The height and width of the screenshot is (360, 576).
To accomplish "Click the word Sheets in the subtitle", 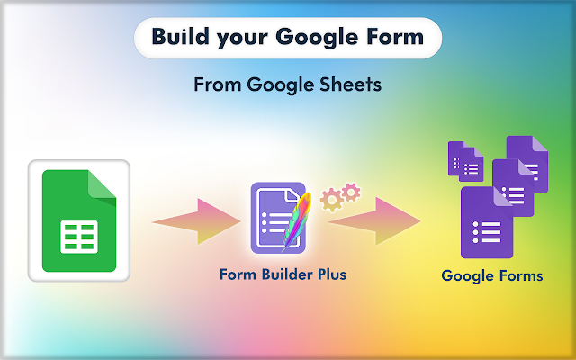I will [x=348, y=86].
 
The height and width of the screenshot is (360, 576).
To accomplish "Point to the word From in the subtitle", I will [x=216, y=86].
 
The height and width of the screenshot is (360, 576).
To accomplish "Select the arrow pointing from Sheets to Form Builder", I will [x=191, y=220].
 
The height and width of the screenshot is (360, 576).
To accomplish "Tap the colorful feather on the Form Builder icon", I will [x=296, y=220].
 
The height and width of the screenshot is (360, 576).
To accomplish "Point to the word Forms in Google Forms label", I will [x=518, y=275].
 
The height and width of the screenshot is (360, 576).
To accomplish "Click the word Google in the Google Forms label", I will [x=465, y=275].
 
